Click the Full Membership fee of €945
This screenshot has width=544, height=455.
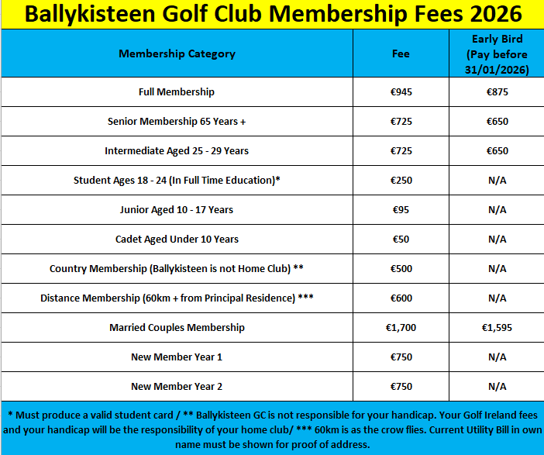pos(400,92)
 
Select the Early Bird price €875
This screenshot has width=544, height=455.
pos(497,92)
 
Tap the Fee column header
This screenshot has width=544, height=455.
pos(400,54)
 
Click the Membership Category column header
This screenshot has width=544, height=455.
pos(177,54)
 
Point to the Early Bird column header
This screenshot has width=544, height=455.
pos(497,54)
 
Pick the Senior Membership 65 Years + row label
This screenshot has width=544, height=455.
pos(177,122)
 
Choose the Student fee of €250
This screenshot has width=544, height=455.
pos(400,181)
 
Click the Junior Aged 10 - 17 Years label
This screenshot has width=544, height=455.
pos(177,210)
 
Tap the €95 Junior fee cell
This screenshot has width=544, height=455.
pos(400,210)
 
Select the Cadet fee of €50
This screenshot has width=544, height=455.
pos(400,240)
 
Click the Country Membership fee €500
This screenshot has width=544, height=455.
pos(400,269)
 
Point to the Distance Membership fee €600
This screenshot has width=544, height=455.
pos(400,298)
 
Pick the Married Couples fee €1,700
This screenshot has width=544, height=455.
pos(401,328)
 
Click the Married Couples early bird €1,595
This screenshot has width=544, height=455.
pos(497,328)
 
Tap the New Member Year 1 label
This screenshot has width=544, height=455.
pos(177,357)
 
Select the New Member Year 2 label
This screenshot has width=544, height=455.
pos(177,387)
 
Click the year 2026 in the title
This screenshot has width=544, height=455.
pos(491,15)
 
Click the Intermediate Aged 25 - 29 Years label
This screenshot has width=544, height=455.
pos(177,151)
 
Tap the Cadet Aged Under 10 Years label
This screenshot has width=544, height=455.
pos(177,240)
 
